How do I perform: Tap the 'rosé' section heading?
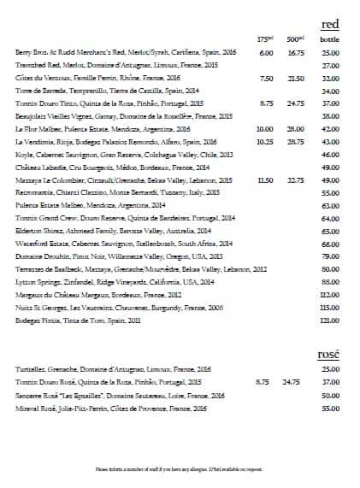pyautogui.click(x=328, y=353)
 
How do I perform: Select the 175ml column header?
pyautogui.click(x=264, y=39)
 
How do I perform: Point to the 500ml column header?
pyautogui.click(x=293, y=39)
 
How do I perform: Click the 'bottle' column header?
pyautogui.click(x=330, y=39)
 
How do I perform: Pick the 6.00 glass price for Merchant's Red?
pyautogui.click(x=266, y=53)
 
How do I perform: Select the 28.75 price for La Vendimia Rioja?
pyautogui.click(x=295, y=141)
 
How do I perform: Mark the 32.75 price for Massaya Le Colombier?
pyautogui.click(x=295, y=180)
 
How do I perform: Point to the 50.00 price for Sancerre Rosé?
pyautogui.click(x=331, y=396)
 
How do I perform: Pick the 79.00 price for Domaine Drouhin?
pyautogui.click(x=331, y=256)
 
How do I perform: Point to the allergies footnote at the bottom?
pyautogui.click(x=179, y=469)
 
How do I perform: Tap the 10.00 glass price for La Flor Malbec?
pyautogui.click(x=264, y=128)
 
